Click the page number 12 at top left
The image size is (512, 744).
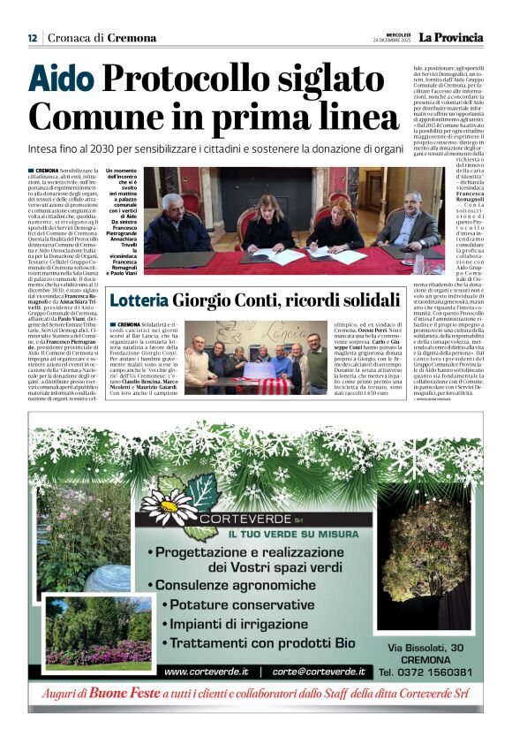[32, 38]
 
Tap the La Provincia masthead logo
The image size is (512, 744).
[451, 37]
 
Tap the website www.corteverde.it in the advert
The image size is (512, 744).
[207, 672]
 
